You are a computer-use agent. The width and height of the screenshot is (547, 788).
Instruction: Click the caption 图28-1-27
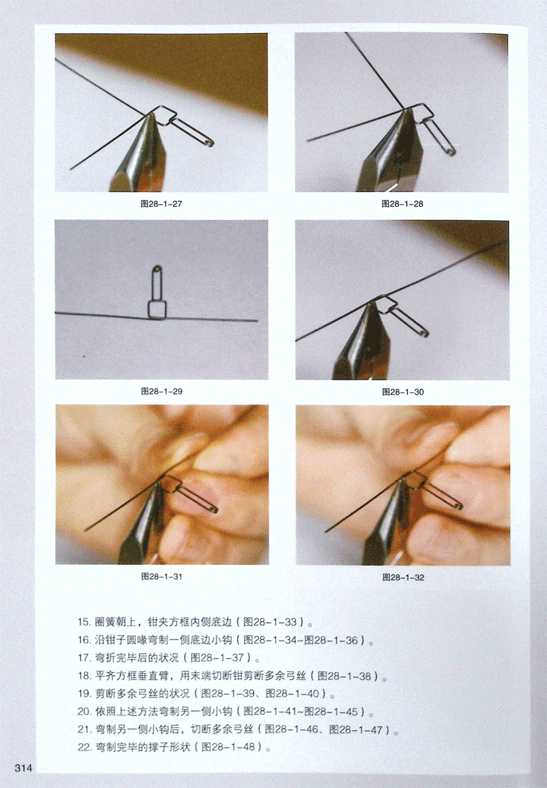[x=161, y=203]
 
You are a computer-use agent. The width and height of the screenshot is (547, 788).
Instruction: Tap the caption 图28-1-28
[x=402, y=203]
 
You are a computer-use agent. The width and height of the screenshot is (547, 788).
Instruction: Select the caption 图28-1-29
[x=162, y=391]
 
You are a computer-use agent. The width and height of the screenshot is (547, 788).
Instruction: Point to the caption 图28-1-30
[x=402, y=392]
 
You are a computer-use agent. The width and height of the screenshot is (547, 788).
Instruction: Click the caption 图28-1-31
[x=162, y=576]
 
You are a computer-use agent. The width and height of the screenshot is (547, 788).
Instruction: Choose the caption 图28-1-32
[x=403, y=578]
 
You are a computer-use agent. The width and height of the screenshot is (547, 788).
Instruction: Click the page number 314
[x=23, y=768]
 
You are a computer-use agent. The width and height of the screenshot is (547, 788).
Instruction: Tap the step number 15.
[x=84, y=622]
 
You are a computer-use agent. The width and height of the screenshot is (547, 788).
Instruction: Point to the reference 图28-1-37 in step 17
[x=217, y=657]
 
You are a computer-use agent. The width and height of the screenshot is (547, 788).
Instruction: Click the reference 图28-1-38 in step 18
[x=344, y=675]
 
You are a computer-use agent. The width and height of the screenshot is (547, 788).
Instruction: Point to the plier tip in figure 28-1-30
[x=368, y=304]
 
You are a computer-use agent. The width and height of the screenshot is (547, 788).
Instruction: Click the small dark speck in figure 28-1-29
[x=84, y=356]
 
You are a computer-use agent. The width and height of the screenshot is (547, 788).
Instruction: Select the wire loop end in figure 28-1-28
[x=452, y=153]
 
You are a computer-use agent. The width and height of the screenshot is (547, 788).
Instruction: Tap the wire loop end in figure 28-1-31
[x=215, y=509]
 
